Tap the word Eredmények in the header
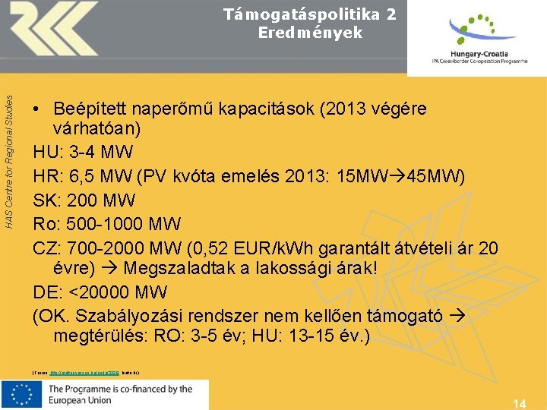pyautogui.click(x=310, y=33)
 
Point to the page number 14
pyautogui.click(x=520, y=403)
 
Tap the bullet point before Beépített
pyautogui.click(x=37, y=109)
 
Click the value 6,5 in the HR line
pyautogui.click(x=89, y=176)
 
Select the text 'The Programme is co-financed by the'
pyautogui.click(x=121, y=389)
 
